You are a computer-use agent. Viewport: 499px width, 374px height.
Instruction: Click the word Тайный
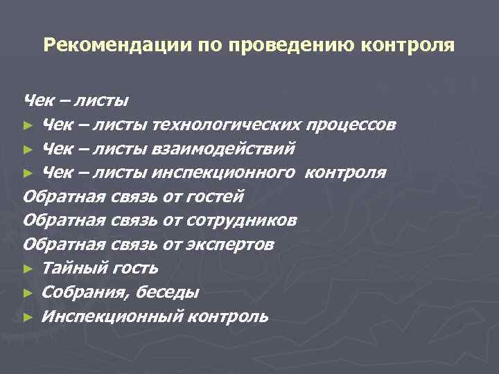[69, 268]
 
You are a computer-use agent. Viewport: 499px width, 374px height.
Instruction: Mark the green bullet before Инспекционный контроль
[28, 317]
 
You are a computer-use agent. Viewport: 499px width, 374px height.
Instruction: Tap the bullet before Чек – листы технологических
[28, 126]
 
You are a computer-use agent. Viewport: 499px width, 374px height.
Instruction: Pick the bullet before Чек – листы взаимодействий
[28, 150]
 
